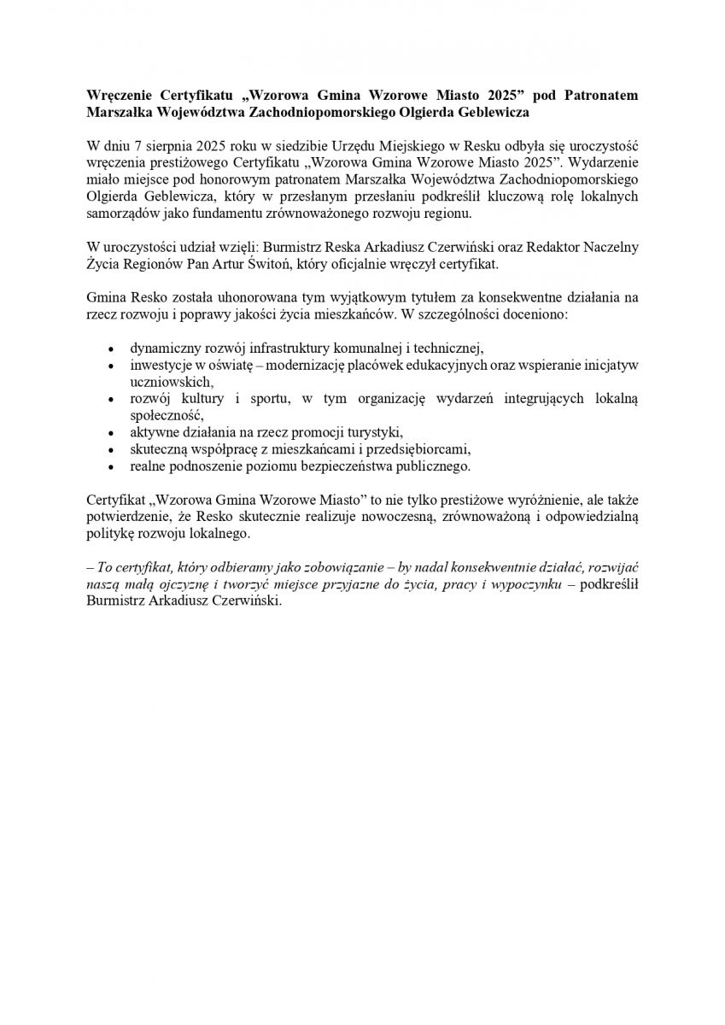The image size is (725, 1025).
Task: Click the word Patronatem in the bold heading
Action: [598, 95]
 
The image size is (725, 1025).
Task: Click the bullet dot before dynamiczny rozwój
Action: [111, 348]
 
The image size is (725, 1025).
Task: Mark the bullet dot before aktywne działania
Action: [111, 432]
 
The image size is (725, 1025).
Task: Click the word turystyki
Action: [374, 431]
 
